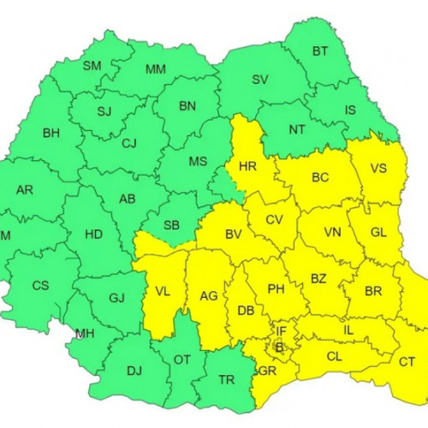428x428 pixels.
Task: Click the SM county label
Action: click(x=92, y=65)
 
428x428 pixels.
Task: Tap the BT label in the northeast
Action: click(x=319, y=51)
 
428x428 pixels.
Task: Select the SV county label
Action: click(x=260, y=80)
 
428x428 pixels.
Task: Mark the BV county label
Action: click(x=233, y=234)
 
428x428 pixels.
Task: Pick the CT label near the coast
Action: click(x=407, y=361)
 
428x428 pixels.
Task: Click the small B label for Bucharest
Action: click(x=277, y=347)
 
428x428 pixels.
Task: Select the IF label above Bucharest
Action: click(x=281, y=330)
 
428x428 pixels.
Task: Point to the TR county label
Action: click(x=227, y=380)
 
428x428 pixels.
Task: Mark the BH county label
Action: click(x=51, y=134)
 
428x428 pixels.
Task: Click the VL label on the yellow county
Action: click(x=162, y=290)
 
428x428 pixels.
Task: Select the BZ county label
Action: click(x=318, y=278)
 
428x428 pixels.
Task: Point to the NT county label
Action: click(x=297, y=130)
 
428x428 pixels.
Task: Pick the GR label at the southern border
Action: click(x=266, y=371)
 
